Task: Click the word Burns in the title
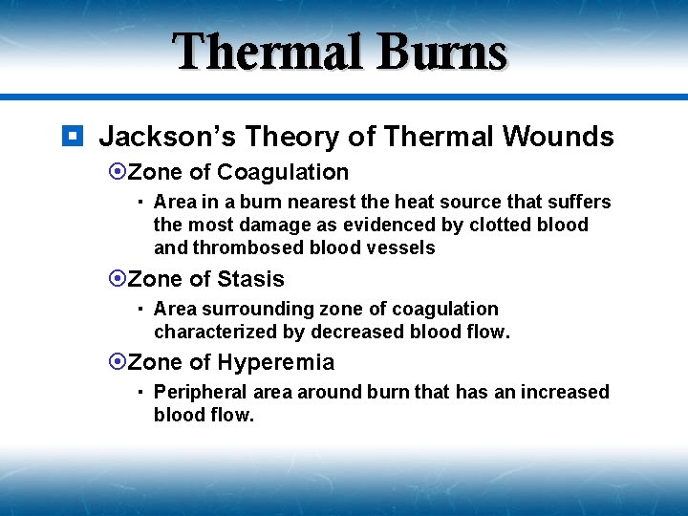click(x=441, y=53)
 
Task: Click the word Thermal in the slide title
click(x=269, y=53)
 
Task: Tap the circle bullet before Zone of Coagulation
click(x=118, y=172)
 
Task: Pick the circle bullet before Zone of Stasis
click(x=118, y=279)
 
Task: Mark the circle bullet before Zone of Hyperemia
click(x=118, y=362)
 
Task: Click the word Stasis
click(x=250, y=279)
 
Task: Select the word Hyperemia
click(x=276, y=362)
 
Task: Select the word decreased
click(x=344, y=332)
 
